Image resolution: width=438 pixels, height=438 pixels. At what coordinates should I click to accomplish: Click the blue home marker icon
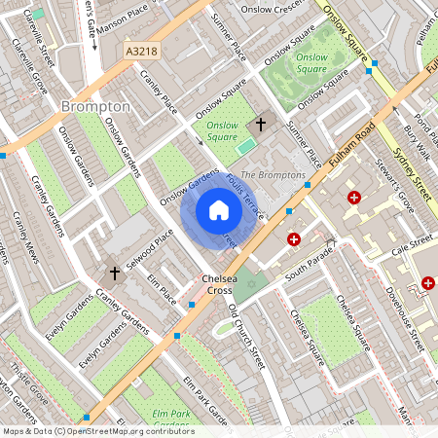point(219,210)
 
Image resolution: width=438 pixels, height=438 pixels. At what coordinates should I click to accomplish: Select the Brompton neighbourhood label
point(95,105)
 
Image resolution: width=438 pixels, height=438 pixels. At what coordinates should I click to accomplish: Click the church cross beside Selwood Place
point(114,273)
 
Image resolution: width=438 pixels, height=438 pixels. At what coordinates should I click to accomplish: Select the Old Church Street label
point(246,336)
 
